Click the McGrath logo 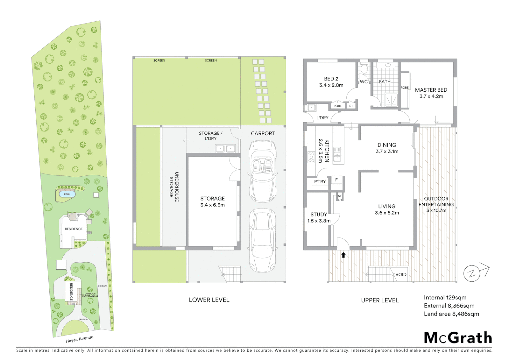click(x=458, y=338)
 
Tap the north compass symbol click(x=472, y=274)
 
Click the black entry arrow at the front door click(x=343, y=255)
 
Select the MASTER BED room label click(x=431, y=90)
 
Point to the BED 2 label click(x=331, y=79)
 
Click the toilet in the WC click(x=364, y=69)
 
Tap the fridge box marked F click(x=336, y=180)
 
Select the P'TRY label click(x=320, y=182)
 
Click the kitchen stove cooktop click(x=311, y=157)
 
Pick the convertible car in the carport click(x=262, y=171)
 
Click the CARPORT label click(x=263, y=133)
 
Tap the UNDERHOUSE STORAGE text click(x=174, y=187)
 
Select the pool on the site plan click(x=67, y=194)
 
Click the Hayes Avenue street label click(x=79, y=339)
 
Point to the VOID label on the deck click(x=401, y=275)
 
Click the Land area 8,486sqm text click(x=451, y=314)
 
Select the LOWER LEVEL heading click(x=209, y=300)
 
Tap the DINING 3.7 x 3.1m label click(x=387, y=148)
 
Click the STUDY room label click(x=319, y=215)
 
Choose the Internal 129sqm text click(x=445, y=298)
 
